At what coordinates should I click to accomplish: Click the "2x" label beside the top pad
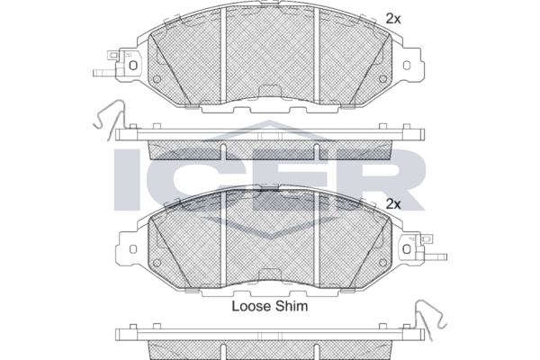[393, 19]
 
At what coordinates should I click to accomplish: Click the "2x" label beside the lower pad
[393, 204]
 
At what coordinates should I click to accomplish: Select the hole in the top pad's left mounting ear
[133, 65]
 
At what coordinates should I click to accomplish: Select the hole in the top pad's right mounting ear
[407, 65]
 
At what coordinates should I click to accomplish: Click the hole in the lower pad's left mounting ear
[133, 249]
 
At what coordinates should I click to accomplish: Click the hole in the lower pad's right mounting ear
[407, 249]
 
